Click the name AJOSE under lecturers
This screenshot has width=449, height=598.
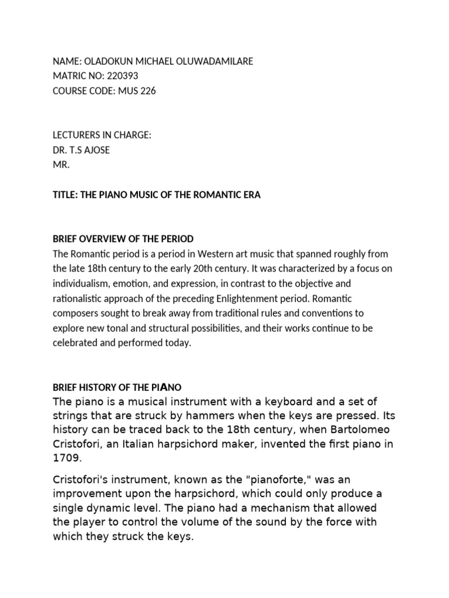94,149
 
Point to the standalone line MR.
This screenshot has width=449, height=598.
61,165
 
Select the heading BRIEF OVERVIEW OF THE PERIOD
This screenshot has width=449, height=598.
123,239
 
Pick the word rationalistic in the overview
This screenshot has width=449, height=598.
79,298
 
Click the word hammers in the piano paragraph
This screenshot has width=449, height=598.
189,416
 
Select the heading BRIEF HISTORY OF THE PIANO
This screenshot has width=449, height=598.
117,387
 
